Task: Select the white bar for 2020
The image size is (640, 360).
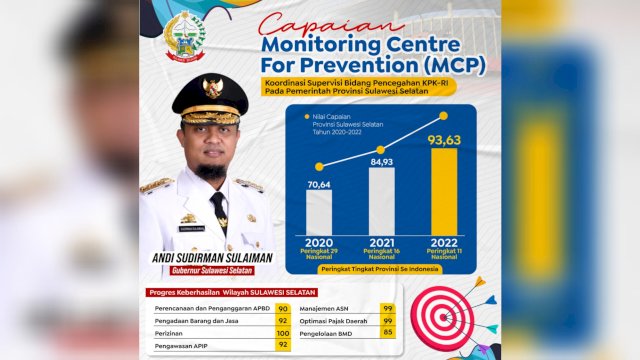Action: pyautogui.click(x=319, y=213)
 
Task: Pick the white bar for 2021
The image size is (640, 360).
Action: pyautogui.click(x=381, y=201)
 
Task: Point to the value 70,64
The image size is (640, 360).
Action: pyautogui.click(x=319, y=183)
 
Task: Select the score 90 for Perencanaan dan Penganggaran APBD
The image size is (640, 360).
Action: pyautogui.click(x=283, y=309)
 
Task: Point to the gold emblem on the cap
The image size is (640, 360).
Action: pyautogui.click(x=212, y=89)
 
